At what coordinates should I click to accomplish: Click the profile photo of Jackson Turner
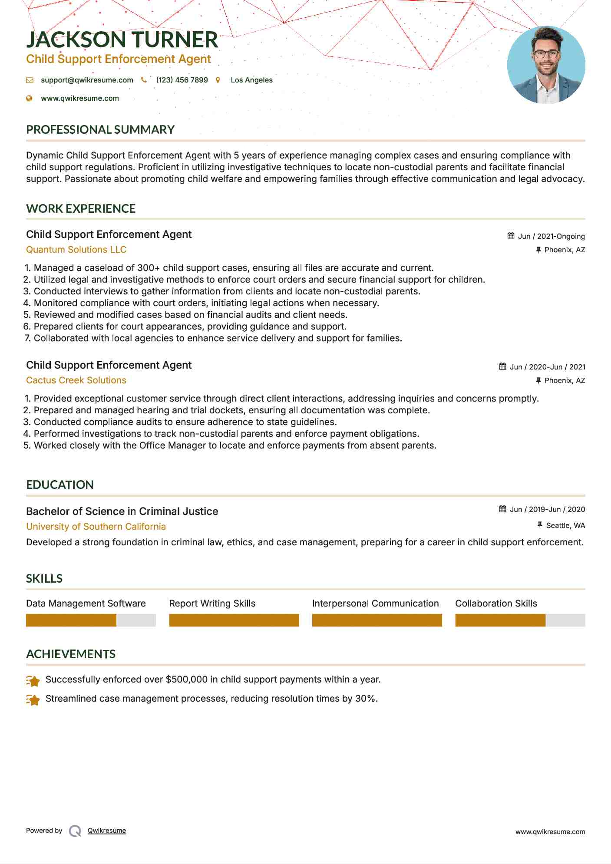coord(546,65)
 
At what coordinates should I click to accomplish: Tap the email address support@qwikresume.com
coord(87,80)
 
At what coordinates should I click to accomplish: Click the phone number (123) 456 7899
coord(182,80)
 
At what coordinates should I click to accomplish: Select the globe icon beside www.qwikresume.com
coord(30,99)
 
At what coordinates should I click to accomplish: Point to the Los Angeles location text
coord(251,80)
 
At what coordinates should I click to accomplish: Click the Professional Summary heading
coord(100,129)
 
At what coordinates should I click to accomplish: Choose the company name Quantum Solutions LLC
coord(76,250)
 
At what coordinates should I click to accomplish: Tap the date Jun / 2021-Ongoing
coord(551,236)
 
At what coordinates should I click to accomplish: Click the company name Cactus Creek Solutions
coord(76,380)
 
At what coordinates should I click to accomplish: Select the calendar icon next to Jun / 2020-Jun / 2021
coord(502,366)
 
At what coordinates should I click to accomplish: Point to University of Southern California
coord(96,527)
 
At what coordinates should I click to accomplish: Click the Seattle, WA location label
coord(565,525)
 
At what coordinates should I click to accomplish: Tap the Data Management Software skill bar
coord(91,620)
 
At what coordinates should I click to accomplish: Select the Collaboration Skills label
coord(496,603)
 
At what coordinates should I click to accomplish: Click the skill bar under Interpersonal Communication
coord(377,620)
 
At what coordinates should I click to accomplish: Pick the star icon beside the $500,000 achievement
coord(33,681)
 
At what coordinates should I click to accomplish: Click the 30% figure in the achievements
coord(366,699)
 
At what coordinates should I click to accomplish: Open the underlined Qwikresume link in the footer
coord(107,831)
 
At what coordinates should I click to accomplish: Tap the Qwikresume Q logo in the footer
coord(75,831)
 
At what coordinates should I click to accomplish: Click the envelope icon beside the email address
coord(30,80)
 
